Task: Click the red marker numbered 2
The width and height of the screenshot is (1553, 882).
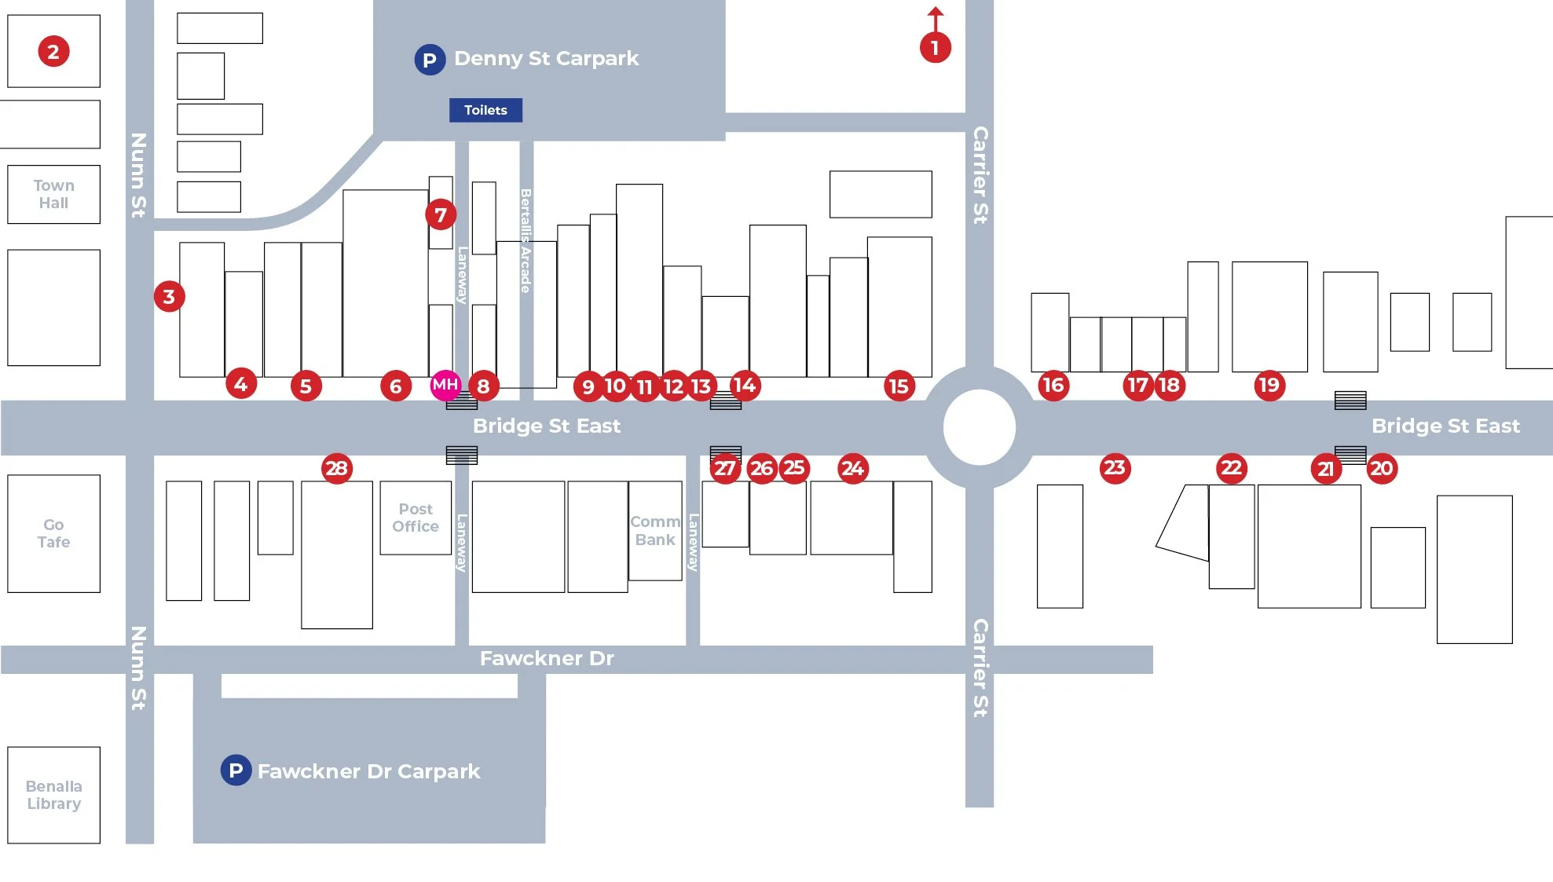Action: pyautogui.click(x=53, y=52)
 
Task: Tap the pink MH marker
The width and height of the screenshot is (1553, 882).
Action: pyautogui.click(x=445, y=385)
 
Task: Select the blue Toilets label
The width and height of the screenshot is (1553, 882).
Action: pyautogui.click(x=485, y=110)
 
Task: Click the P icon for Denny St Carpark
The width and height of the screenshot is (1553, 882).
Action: pyautogui.click(x=430, y=60)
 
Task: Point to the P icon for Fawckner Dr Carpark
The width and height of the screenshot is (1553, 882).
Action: pyautogui.click(x=236, y=770)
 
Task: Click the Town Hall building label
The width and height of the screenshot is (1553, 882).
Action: pyautogui.click(x=53, y=194)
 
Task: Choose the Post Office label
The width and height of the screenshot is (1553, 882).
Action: pyautogui.click(x=416, y=518)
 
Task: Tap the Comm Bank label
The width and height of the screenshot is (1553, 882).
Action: pyautogui.click(x=655, y=531)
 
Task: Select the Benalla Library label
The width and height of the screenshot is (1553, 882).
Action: pyautogui.click(x=53, y=795)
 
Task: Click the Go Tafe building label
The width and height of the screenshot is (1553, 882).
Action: pyautogui.click(x=53, y=533)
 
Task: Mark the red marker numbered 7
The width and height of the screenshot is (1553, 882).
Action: pyautogui.click(x=441, y=214)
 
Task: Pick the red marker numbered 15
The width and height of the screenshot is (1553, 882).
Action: pyautogui.click(x=899, y=386)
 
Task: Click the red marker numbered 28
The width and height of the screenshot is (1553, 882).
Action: pyautogui.click(x=337, y=469)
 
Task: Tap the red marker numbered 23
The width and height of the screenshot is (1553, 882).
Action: pyautogui.click(x=1115, y=468)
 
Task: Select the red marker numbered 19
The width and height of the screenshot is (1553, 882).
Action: pyautogui.click(x=1269, y=385)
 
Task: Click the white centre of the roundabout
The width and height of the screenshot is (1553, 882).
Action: pyautogui.click(x=980, y=427)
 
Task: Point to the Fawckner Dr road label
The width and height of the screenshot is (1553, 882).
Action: pyautogui.click(x=547, y=658)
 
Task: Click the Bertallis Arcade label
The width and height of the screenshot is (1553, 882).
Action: pyautogui.click(x=526, y=240)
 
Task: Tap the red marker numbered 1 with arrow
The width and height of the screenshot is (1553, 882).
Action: pyautogui.click(x=935, y=47)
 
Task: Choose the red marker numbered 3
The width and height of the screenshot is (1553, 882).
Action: pyautogui.click(x=169, y=297)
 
